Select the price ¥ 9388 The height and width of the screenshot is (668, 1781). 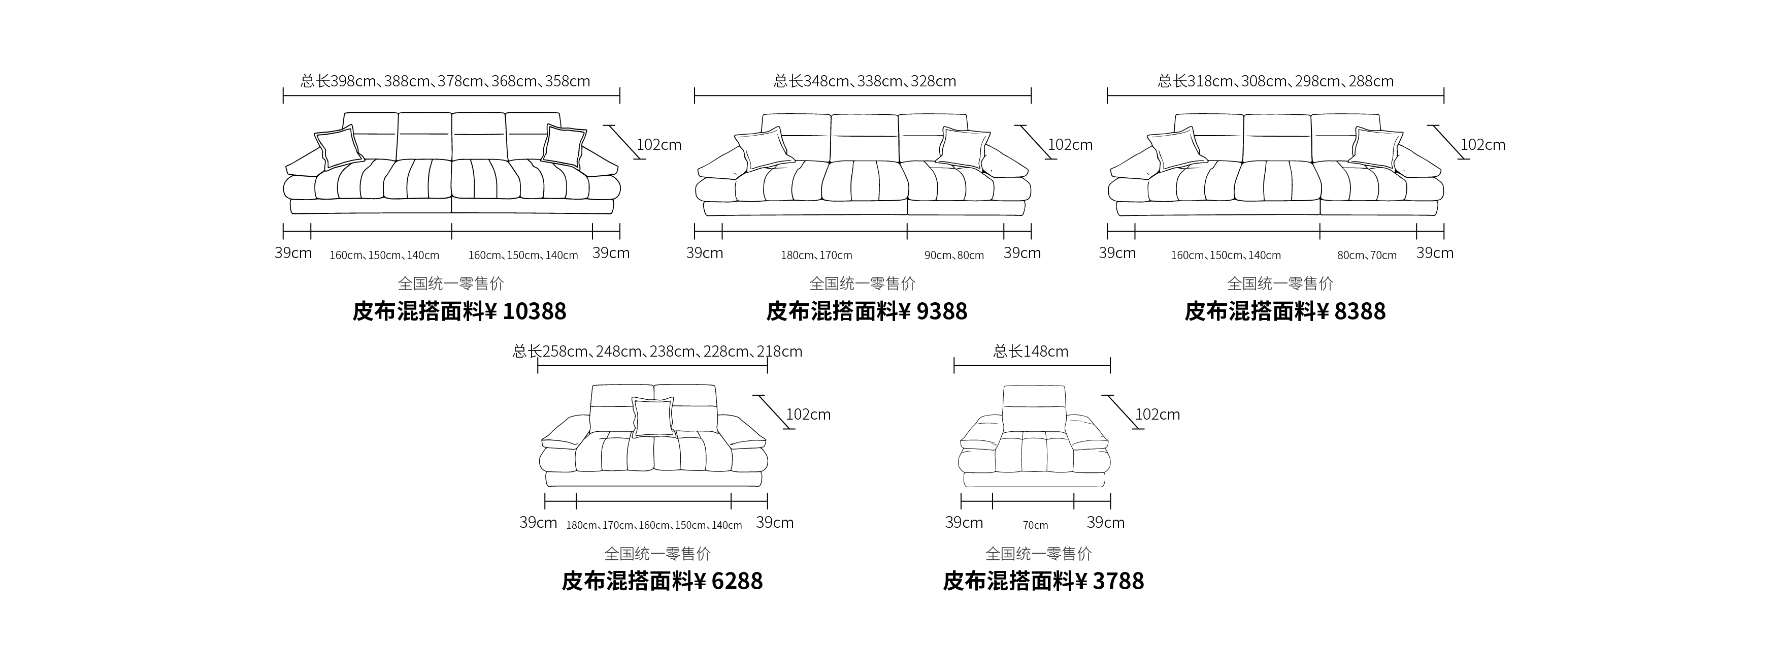[x=933, y=311]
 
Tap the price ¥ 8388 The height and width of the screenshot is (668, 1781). [x=1351, y=311]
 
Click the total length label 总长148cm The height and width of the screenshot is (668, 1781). [x=1031, y=352]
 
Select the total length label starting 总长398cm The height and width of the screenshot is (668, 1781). [x=445, y=81]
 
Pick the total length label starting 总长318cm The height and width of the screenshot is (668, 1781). [x=1276, y=81]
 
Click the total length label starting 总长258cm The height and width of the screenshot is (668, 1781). [x=657, y=352]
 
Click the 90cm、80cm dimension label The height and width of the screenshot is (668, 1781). [x=954, y=255]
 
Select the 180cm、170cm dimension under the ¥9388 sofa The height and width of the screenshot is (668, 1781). [x=816, y=255]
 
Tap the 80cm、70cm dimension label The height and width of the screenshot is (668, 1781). [x=1367, y=255]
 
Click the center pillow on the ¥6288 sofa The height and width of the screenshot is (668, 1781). [x=653, y=417]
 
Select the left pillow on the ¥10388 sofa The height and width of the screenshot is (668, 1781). [x=339, y=147]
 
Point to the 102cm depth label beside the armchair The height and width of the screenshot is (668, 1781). [x=1158, y=414]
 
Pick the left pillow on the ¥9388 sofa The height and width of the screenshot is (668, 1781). [x=761, y=148]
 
